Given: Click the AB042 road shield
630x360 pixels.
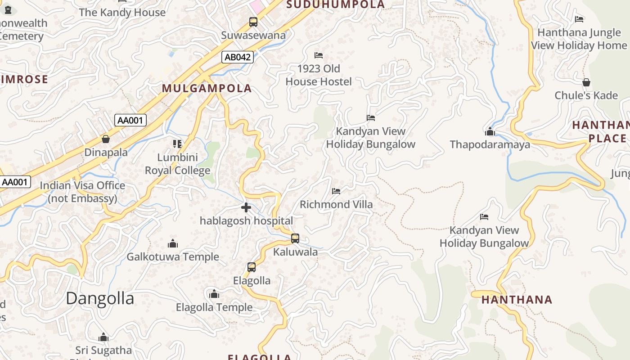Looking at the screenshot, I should [238, 57].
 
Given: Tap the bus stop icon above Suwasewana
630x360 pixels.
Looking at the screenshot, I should [253, 22].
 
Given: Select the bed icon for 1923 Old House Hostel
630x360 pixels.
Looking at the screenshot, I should [319, 55].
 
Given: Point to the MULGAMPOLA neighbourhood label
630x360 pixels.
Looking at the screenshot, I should [207, 88].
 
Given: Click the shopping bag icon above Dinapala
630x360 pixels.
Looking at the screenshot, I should [106, 139].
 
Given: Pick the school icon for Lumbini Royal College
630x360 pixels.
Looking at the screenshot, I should [177, 144].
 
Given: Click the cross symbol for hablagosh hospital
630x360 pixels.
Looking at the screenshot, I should [246, 207].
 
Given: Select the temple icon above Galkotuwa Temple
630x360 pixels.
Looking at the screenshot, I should [173, 244].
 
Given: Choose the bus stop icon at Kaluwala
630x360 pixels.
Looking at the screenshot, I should [295, 238].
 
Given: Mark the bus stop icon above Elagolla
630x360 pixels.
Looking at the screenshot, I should [252, 267].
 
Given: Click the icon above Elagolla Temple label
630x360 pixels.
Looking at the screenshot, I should [214, 294].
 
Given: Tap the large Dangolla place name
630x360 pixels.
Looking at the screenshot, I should [100, 298].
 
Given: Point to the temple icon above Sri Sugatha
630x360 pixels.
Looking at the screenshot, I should [103, 337].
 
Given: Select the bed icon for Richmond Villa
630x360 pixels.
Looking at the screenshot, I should [336, 191].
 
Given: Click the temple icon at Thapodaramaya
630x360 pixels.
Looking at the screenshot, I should [490, 132].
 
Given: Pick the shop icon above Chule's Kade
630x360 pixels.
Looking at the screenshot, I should [586, 83].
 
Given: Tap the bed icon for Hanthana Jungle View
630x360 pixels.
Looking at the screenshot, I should [579, 19].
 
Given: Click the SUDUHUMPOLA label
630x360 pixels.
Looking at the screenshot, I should [336, 4].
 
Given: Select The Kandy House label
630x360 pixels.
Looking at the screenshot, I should [122, 12].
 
